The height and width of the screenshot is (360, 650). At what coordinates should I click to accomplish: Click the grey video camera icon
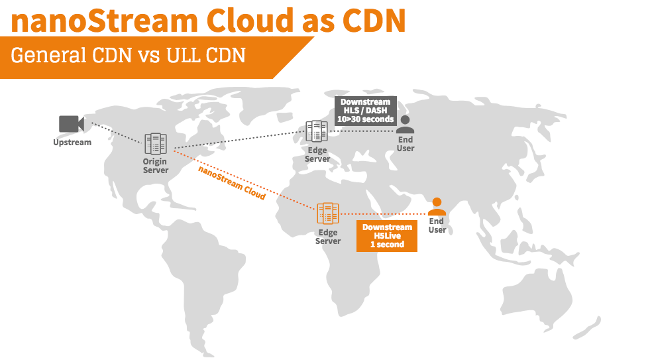point(70,124)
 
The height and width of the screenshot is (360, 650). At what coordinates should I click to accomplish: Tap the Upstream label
point(72,142)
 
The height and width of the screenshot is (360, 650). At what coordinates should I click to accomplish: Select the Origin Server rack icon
point(156,143)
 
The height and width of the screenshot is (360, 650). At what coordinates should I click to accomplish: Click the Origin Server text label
point(155,166)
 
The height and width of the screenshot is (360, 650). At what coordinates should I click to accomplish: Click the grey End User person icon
point(406,125)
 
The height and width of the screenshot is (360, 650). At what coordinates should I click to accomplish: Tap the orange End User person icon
point(437,206)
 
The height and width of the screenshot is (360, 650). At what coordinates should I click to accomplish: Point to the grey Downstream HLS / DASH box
point(366,110)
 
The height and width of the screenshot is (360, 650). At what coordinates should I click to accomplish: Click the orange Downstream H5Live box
point(387,236)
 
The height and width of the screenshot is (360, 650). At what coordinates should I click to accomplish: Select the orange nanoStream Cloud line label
point(232,182)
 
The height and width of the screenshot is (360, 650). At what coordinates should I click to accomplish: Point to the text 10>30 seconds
point(366,119)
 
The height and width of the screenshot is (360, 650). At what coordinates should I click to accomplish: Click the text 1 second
point(387,245)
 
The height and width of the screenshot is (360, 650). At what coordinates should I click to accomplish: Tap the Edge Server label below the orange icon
point(328,237)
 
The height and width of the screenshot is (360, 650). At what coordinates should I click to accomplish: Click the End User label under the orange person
point(437,225)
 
